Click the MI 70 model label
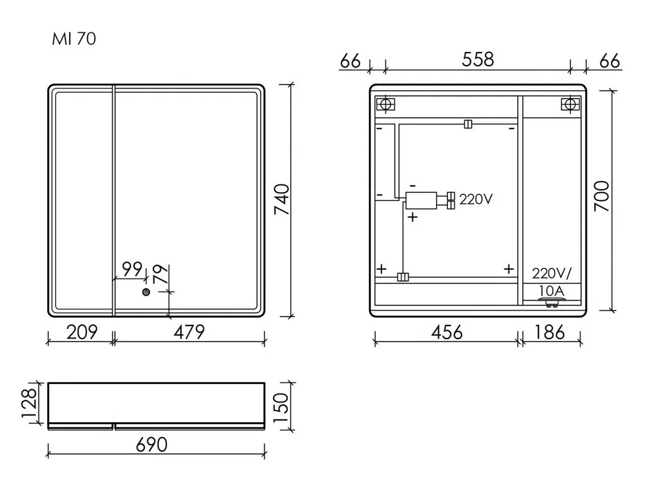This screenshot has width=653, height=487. point(74,39)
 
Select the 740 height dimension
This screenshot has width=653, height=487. point(283,200)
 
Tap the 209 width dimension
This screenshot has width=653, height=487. point(81,332)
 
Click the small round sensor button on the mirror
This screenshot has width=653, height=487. point(146,292)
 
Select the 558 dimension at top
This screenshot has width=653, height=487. point(477,60)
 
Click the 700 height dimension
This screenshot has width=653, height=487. point(602,196)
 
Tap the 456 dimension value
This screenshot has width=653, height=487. point(446,332)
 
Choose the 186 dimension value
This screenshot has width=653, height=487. point(550,332)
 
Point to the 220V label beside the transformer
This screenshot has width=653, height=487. point(475,200)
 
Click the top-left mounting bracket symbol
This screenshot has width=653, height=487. point(386,105)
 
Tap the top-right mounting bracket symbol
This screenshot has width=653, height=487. point(569,105)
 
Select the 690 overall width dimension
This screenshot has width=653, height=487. point(151,445)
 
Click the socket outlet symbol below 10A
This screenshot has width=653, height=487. point(551,300)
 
